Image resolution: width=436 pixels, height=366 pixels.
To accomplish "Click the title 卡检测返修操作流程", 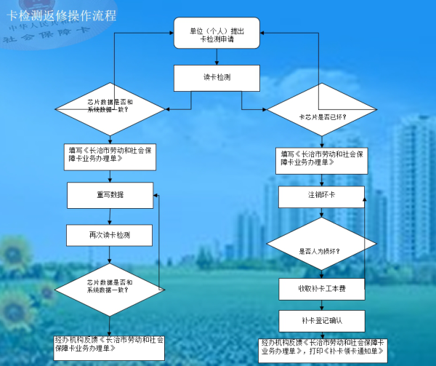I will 62,15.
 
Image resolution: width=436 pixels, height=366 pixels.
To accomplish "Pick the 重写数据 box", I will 109,194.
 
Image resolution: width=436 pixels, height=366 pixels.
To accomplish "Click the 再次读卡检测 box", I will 109,234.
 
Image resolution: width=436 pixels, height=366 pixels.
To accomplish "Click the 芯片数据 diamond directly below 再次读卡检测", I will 110,285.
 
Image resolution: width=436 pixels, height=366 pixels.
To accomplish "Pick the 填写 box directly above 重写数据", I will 110,156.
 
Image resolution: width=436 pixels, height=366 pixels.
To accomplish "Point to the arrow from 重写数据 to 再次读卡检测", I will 109,215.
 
